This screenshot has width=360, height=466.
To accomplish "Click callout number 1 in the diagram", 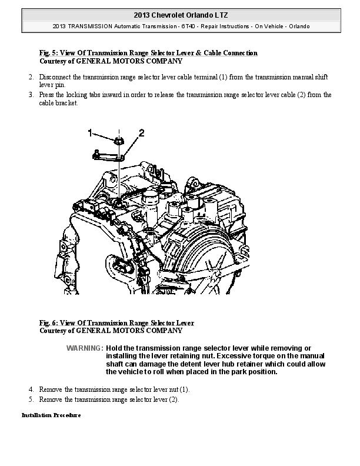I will click(x=90, y=132).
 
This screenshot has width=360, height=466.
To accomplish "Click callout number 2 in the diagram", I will click(x=141, y=132).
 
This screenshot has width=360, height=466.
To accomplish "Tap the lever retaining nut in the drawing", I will click(x=118, y=141).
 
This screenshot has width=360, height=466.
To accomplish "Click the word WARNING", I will click(x=85, y=348).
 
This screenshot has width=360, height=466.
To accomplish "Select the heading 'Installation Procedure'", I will click(x=51, y=415).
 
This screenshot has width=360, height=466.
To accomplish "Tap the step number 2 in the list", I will click(x=31, y=77).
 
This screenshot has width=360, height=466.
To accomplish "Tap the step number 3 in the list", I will click(x=31, y=94).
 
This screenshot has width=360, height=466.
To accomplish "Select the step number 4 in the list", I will click(x=31, y=390).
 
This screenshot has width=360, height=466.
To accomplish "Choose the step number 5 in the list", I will click(x=31, y=400).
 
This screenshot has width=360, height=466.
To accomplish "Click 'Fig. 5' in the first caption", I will click(x=48, y=53).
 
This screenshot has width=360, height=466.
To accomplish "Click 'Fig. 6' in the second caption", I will click(x=48, y=323).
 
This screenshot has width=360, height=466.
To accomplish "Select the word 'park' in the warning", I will click(x=221, y=372).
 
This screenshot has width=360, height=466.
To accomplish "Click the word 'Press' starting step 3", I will click(x=46, y=94).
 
